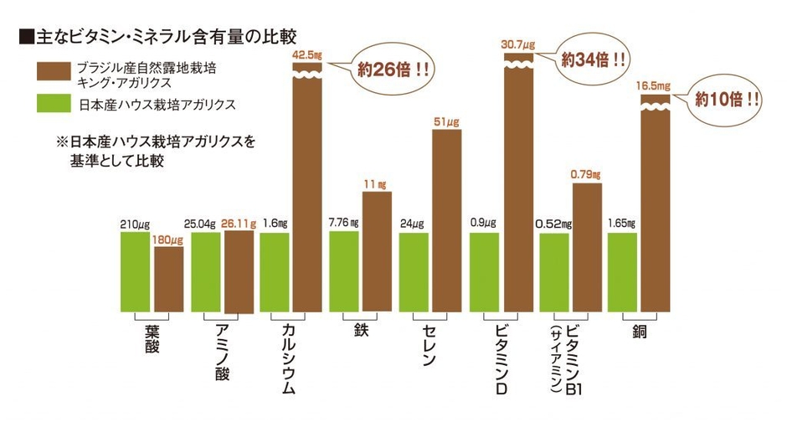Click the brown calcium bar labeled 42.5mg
point(307,193)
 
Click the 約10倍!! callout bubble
point(728,98)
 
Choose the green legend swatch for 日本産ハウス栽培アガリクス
point(51,105)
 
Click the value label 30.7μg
point(518,44)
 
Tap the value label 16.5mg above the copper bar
point(655,85)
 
